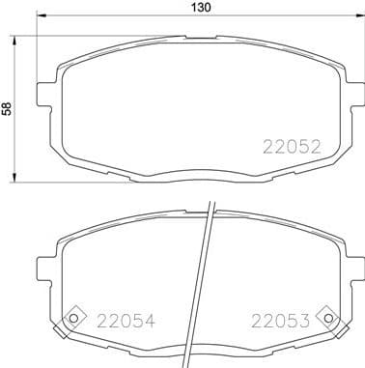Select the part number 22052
(293, 147)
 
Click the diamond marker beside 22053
(330, 320)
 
